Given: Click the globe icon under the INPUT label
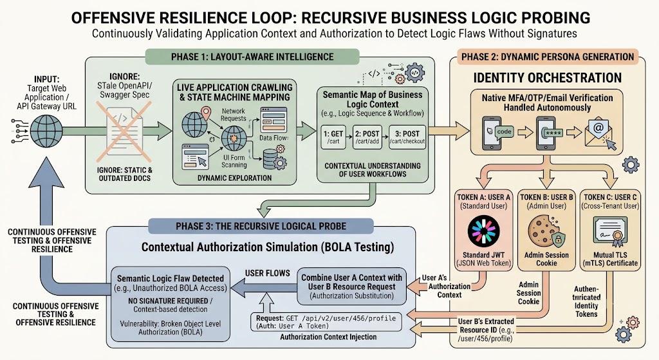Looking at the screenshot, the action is click(x=46, y=130).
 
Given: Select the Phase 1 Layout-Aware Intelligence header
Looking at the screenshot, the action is click(x=252, y=57).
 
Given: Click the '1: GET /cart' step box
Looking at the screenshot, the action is click(x=333, y=137).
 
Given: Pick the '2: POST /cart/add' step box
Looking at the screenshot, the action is click(x=367, y=137).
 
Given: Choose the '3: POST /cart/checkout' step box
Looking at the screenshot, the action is click(x=407, y=137).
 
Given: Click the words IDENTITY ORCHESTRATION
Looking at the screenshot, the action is click(x=547, y=78).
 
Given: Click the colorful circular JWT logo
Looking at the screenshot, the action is click(x=484, y=231).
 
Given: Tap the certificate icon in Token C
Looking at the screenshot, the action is click(x=610, y=231).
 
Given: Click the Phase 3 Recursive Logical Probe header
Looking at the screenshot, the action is click(x=261, y=226).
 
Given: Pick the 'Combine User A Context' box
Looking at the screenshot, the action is click(x=352, y=287).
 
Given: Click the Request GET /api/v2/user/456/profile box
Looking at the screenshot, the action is click(x=326, y=322).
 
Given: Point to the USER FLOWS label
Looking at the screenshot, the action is click(x=267, y=273).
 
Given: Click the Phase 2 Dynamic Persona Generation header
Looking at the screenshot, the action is click(x=548, y=57).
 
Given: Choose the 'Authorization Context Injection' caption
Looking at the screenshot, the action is click(x=328, y=337).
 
